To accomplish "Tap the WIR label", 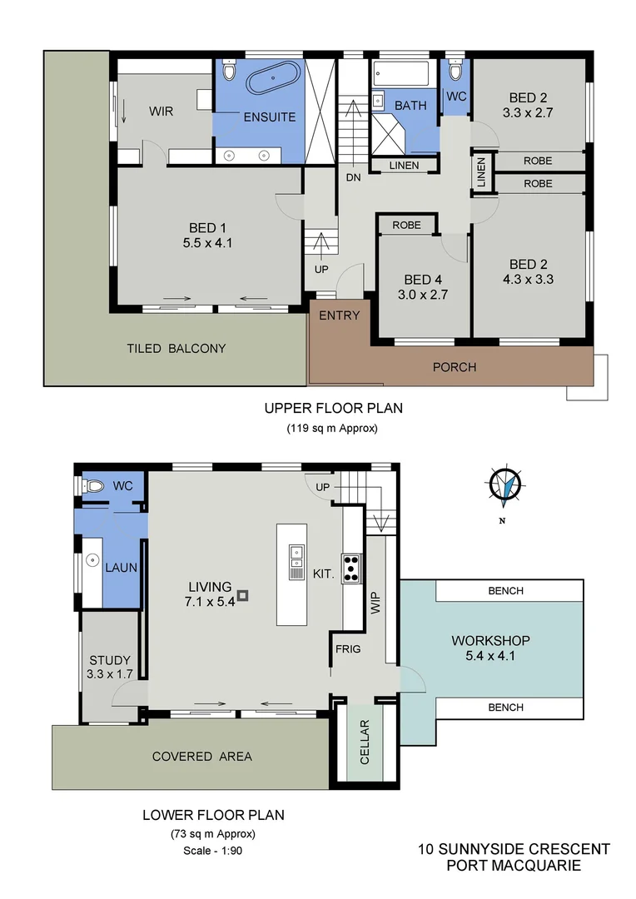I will (x=161, y=111).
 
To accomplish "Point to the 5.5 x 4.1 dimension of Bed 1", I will (x=208, y=244).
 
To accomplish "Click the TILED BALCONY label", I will (x=176, y=348).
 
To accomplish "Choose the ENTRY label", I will (x=340, y=315).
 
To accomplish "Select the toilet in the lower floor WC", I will (x=94, y=485).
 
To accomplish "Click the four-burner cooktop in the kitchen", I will (x=350, y=567).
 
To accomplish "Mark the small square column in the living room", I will (x=242, y=595).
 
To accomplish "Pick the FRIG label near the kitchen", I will (x=348, y=648).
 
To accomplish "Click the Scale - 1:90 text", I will (x=213, y=851).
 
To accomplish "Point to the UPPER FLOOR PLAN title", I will (x=326, y=408).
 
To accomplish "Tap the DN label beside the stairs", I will (x=352, y=176).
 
